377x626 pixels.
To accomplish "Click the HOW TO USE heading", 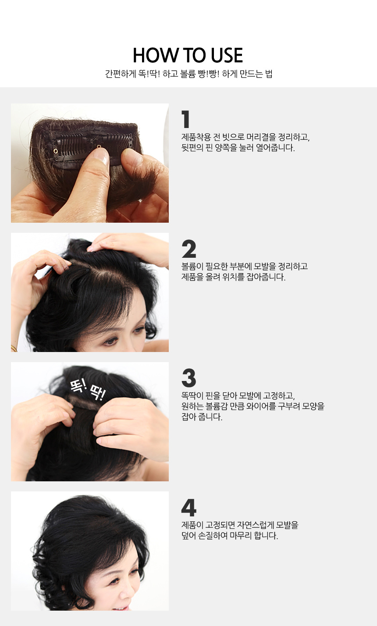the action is point(188,55).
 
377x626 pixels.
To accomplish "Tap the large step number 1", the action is point(185,119).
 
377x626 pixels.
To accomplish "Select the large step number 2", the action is point(189,249).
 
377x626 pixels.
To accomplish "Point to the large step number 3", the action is point(189,378).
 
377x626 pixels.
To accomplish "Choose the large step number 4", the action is point(189,507).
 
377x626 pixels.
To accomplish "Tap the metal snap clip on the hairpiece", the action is point(92,146).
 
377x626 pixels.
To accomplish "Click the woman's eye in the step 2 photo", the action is point(110,341).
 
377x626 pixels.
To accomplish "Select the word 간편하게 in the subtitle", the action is point(121,74).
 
